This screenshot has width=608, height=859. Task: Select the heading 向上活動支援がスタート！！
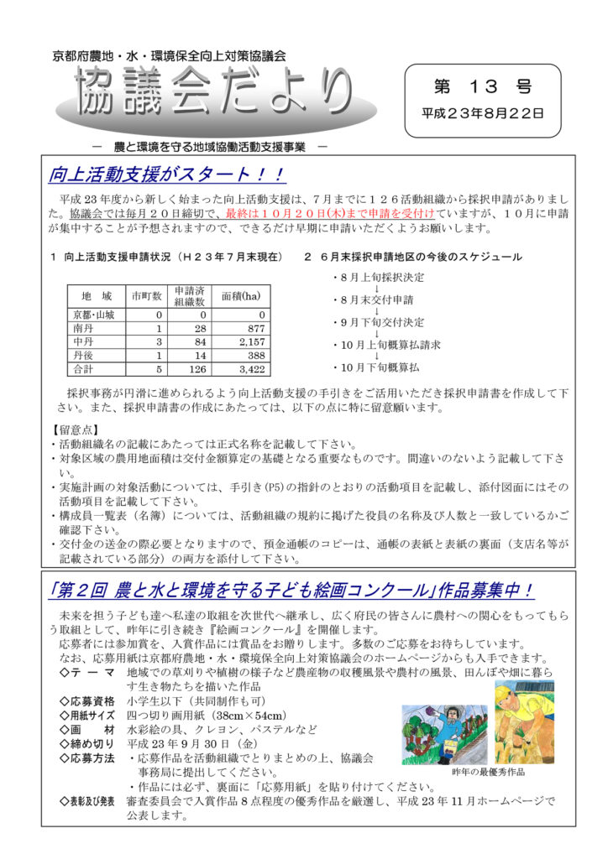click(167, 175)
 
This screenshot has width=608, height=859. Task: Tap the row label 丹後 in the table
click(83, 355)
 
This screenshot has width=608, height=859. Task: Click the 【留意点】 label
click(76, 430)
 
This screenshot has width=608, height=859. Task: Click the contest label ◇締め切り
click(86, 742)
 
